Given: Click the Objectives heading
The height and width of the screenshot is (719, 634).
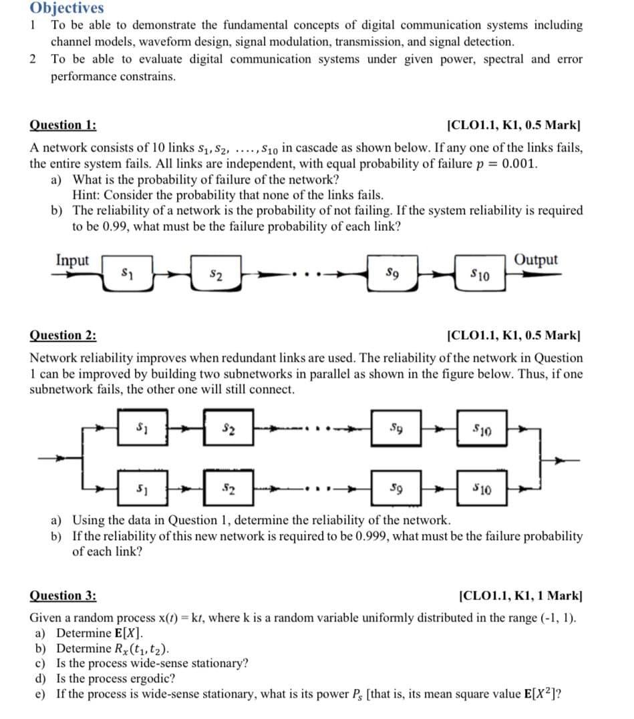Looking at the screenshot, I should click(67, 8).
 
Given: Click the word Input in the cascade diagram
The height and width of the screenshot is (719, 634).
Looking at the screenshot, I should click(72, 260).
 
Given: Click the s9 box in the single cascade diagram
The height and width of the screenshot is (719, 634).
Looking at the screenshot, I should click(393, 272).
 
